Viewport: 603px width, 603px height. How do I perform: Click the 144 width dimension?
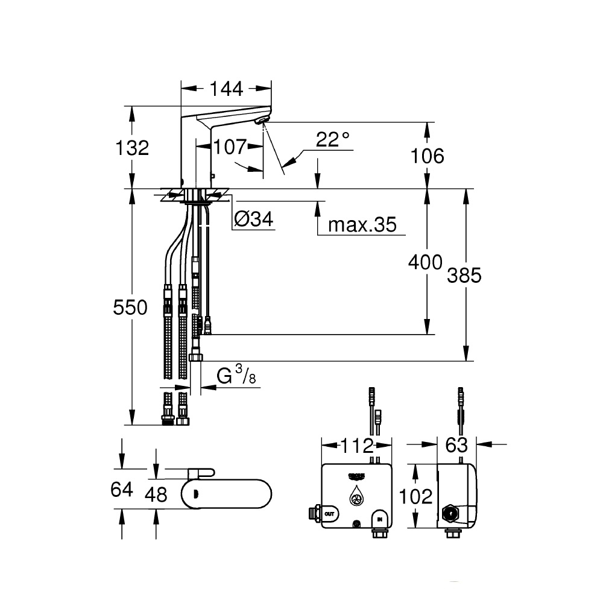[227, 89]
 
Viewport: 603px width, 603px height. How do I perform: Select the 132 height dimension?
[132, 148]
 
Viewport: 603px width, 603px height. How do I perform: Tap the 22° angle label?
[333, 139]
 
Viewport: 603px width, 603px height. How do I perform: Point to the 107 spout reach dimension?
[230, 147]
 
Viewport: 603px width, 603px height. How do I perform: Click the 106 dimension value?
[428, 156]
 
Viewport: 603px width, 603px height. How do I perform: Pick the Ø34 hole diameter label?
[254, 219]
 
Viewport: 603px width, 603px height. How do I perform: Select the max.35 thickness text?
[362, 224]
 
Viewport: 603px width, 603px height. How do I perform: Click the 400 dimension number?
[425, 262]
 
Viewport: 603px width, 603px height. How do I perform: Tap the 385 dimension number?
[464, 276]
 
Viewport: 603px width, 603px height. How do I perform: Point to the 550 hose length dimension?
[130, 308]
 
